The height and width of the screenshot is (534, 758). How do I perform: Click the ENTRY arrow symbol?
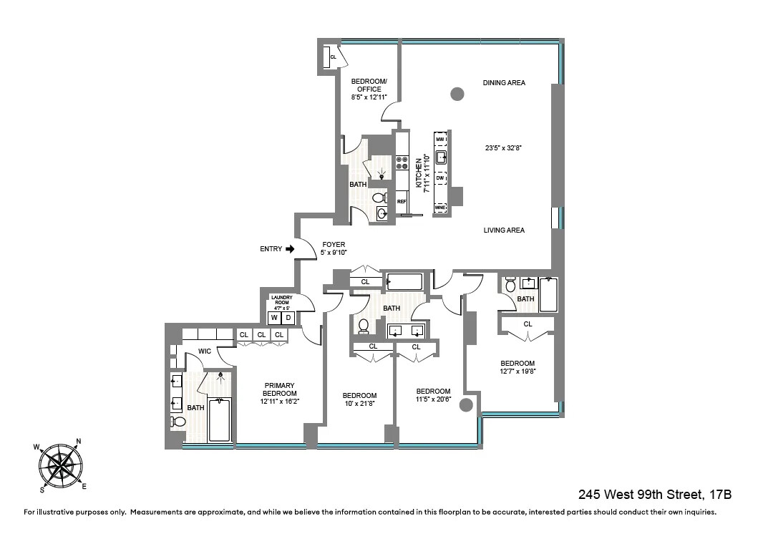290,249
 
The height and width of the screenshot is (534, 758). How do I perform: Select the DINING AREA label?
504,83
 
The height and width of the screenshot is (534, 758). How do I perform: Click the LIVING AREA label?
504,230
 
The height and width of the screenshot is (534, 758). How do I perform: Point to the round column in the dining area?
457,93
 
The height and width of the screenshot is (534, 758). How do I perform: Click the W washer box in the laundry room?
274,318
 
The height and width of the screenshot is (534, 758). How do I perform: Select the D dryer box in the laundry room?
288,318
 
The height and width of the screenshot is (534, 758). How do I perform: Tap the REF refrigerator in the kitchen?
402,202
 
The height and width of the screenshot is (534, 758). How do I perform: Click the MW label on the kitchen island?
440,139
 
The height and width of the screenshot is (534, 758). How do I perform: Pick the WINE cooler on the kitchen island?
440,208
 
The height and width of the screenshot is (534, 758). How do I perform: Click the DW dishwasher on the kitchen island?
440,178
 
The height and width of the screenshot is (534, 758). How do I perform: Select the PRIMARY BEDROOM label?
278,389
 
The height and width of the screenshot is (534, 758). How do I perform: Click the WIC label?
205,351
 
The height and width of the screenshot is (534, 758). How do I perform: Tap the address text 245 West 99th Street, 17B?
654,495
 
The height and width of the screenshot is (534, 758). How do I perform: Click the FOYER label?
334,245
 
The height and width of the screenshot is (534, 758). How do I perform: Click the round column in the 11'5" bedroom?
466,406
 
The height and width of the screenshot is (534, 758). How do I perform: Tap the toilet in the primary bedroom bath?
178,422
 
